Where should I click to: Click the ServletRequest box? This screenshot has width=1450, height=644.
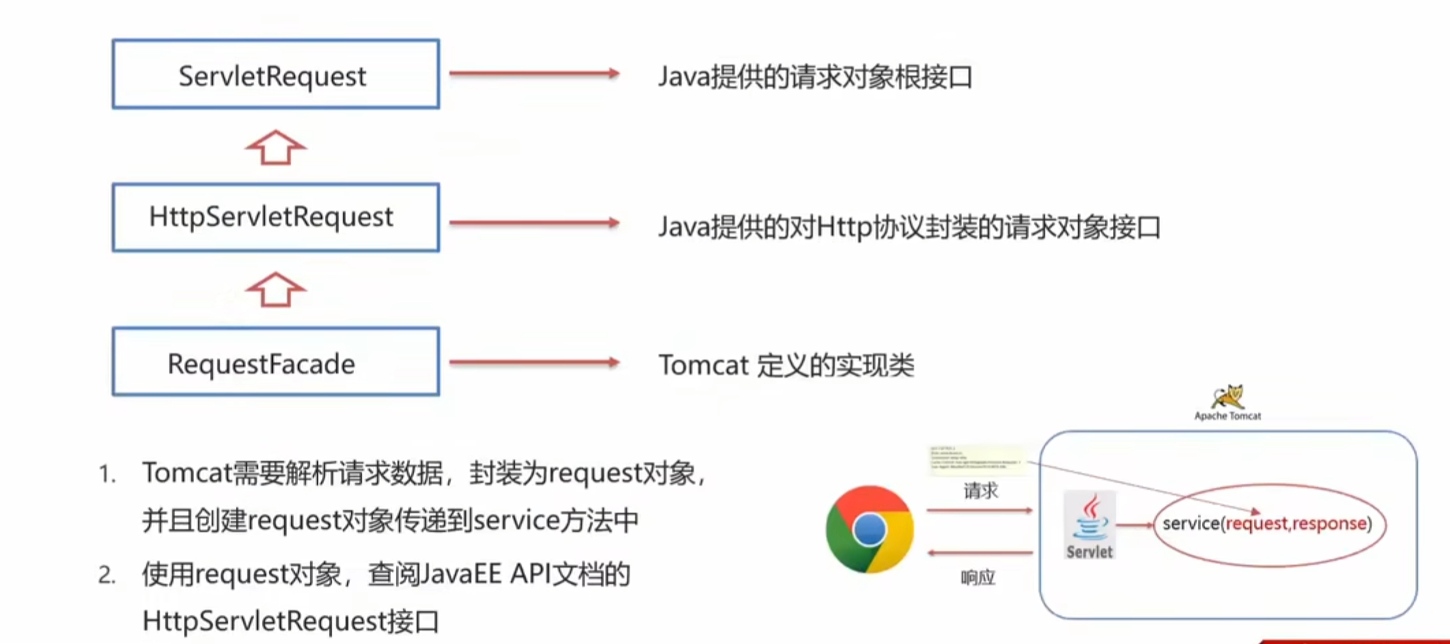pos(276,75)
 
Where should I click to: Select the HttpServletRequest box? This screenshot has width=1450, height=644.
pos(276,217)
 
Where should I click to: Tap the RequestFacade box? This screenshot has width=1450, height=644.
pos(276,362)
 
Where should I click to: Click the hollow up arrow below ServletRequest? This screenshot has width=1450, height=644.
pos(276,148)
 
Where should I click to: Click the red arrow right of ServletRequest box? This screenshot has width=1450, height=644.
pos(534,73)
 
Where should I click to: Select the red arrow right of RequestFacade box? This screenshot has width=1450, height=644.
pos(534,362)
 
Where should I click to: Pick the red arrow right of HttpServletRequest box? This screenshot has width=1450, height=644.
pos(534,222)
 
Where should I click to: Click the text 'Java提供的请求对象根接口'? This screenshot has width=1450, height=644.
pos(814,77)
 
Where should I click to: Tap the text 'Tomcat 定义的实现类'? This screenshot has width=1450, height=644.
pos(786,365)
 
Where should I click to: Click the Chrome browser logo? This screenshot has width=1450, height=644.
pos(870,529)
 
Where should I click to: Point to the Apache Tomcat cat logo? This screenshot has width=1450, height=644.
pos(1228,397)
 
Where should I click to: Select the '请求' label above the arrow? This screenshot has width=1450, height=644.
pos(980,490)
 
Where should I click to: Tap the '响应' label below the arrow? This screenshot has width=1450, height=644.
pos(978,578)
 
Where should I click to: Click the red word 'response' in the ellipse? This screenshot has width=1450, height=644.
pos(1330,524)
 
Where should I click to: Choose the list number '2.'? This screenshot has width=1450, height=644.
pos(107,575)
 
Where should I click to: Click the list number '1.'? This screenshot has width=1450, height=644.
pos(107,474)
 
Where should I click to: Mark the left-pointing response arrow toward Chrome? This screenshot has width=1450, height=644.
pos(980,552)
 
